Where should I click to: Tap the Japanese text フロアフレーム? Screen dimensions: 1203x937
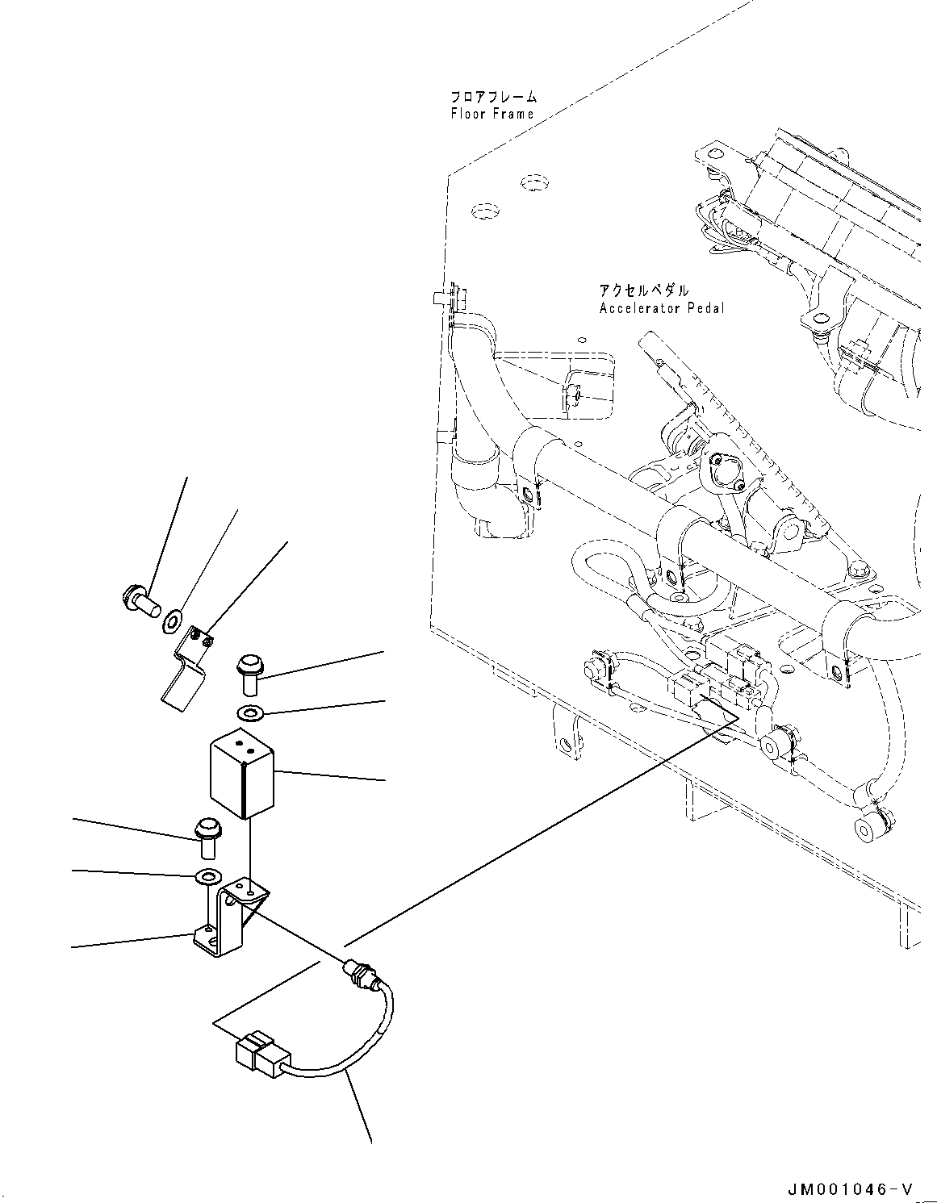pos(493,98)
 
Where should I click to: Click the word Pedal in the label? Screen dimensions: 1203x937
pos(705,308)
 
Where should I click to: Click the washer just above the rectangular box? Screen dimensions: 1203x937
pos(250,713)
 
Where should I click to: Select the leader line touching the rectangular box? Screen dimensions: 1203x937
pos(331,776)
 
